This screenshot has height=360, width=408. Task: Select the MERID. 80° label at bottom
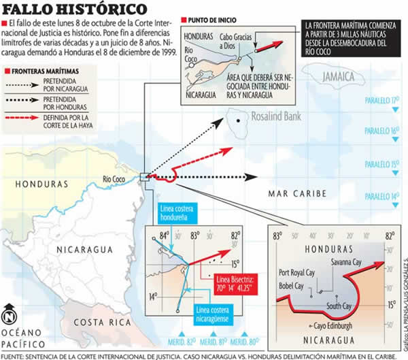coord(241,343)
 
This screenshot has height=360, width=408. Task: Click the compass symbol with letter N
coord(9,316)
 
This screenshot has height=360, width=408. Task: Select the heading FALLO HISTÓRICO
coord(75,10)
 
